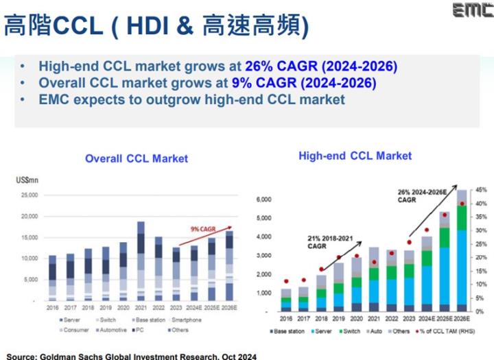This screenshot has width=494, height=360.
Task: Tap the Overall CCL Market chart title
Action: [136, 158]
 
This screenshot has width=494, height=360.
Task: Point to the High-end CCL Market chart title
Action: [355, 156]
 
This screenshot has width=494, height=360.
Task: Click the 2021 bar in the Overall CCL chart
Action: [141, 261]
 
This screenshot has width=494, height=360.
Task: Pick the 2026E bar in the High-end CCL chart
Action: [462, 250]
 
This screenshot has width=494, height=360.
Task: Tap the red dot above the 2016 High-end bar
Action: [285, 281]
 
